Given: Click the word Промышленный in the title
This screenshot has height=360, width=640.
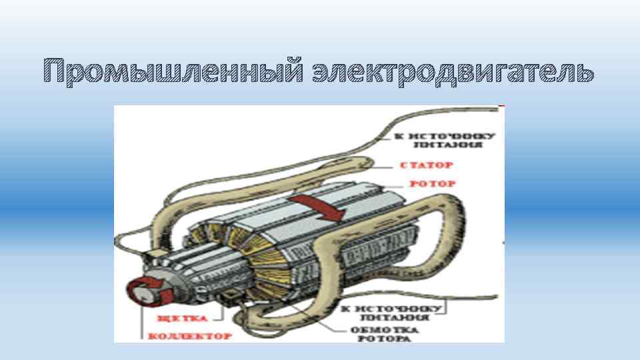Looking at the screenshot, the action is (x=173, y=71).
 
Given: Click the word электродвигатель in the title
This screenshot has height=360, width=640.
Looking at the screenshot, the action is (x=453, y=71).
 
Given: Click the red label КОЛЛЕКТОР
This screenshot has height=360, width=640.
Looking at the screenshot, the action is (x=189, y=336).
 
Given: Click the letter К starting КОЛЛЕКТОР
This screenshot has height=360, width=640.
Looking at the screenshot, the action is (x=151, y=336).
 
